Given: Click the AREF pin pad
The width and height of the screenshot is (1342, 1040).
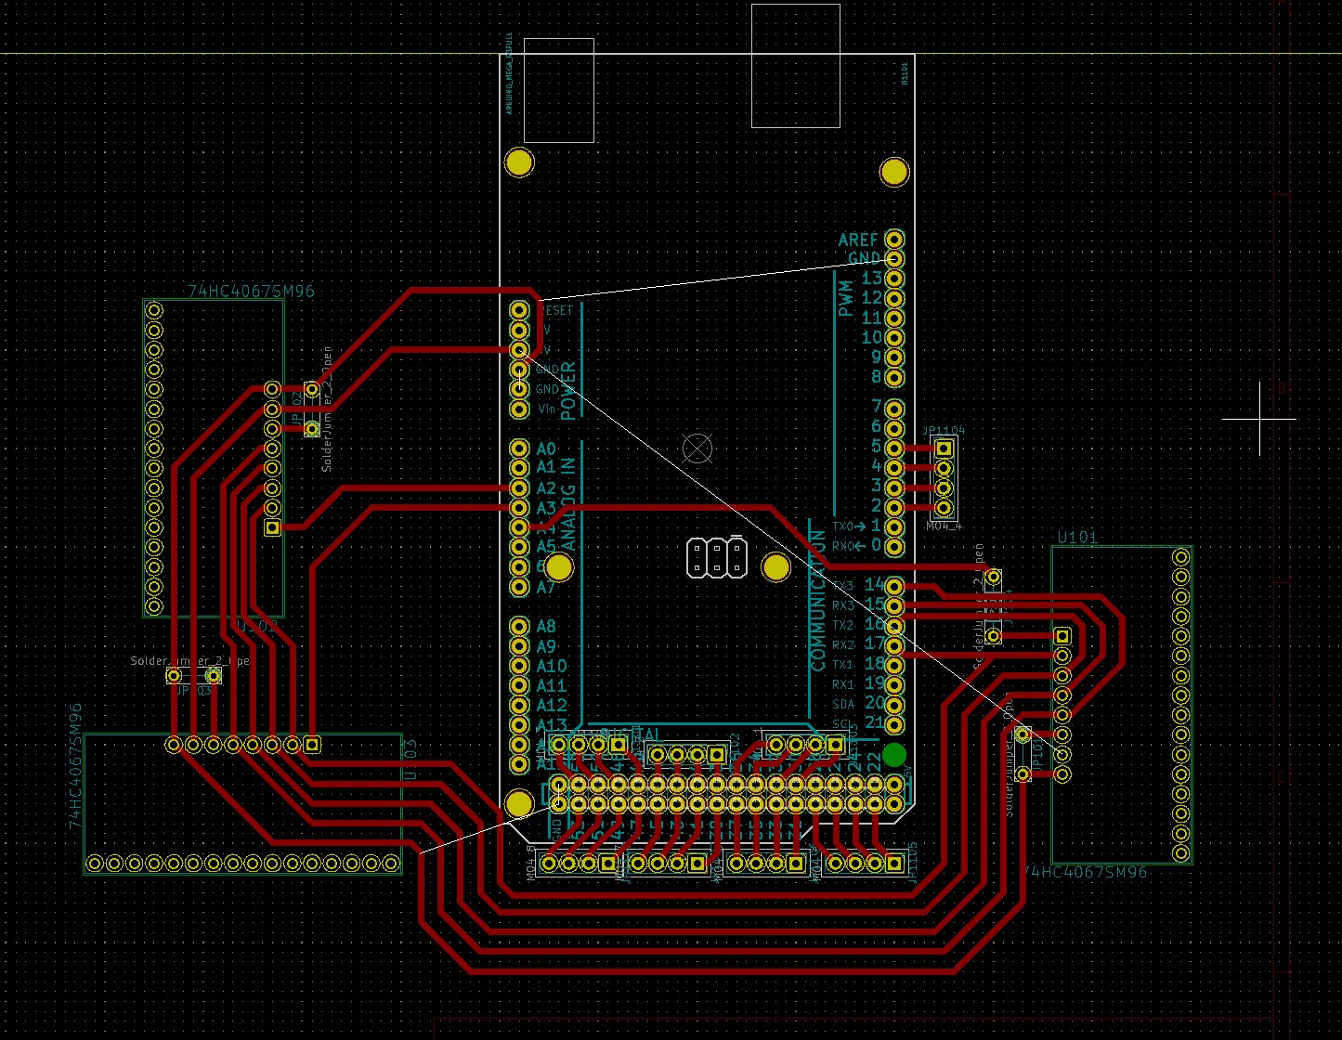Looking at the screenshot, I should click(893, 239).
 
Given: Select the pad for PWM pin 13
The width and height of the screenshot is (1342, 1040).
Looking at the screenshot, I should click(893, 278).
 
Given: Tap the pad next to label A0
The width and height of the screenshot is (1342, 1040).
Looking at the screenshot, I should click(519, 448).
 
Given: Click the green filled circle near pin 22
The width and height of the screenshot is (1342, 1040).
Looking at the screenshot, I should click(893, 755).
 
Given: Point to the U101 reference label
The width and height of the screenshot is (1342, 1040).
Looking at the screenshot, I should click(1077, 537).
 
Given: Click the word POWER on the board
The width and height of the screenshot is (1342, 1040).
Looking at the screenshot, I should click(568, 391).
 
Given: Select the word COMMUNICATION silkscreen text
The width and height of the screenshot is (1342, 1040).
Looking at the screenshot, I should click(818, 599).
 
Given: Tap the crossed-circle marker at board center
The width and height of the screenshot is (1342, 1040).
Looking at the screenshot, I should click(697, 449).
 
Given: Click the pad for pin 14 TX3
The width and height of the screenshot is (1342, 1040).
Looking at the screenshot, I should click(893, 585).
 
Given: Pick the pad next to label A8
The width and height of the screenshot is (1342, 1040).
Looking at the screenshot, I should click(519, 626).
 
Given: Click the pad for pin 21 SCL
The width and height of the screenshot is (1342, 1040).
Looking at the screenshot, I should click(893, 723).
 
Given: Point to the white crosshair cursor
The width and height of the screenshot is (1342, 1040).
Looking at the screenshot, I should click(1259, 419).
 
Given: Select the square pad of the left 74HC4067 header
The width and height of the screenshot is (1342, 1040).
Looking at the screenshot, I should click(272, 527).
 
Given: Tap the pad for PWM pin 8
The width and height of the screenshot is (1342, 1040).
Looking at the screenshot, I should click(893, 377).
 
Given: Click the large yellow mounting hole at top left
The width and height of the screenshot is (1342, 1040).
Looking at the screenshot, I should click(518, 162).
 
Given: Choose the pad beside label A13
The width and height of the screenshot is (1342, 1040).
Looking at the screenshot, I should click(519, 724).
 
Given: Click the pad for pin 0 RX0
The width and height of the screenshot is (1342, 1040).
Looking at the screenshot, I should click(893, 546).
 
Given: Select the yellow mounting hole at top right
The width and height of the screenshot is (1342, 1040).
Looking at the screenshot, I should click(893, 172).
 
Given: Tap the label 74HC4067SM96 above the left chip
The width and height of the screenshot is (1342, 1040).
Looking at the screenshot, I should click(251, 292).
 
